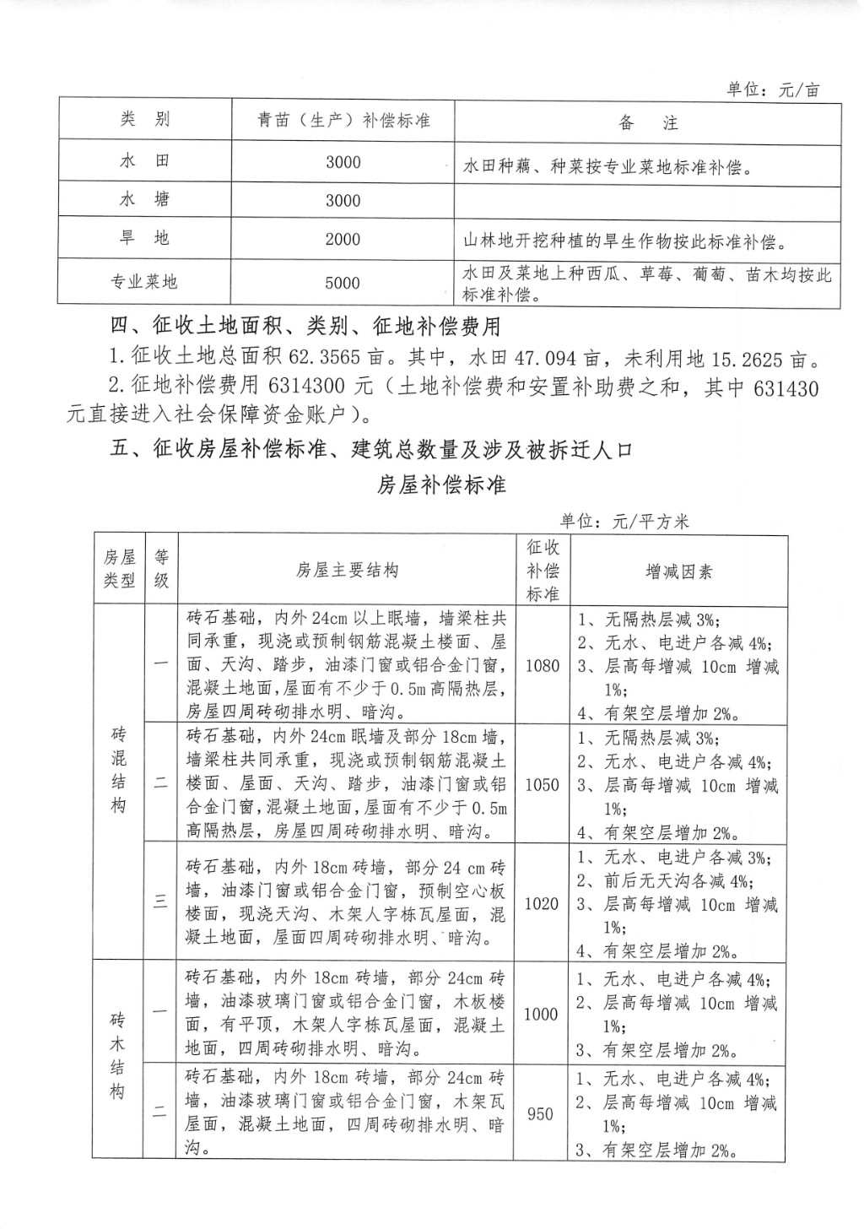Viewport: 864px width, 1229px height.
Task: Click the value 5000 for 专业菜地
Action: [x=343, y=283]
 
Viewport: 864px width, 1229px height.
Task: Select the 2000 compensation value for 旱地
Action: [x=343, y=240]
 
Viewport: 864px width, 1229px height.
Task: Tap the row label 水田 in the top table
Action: [x=144, y=160]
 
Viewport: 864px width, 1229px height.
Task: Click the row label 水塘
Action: [x=144, y=199]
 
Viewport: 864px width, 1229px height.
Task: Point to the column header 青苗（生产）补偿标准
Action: [x=343, y=121]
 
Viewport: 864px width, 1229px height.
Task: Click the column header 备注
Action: [x=647, y=123]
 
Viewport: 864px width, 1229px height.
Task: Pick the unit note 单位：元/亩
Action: [x=772, y=90]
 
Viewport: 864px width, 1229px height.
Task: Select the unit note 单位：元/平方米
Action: [x=624, y=522]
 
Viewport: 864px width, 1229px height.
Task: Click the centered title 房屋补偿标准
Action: [x=440, y=485]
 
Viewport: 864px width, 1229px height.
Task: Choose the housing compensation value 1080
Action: [x=542, y=665]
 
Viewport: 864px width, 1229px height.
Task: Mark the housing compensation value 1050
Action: [x=542, y=785]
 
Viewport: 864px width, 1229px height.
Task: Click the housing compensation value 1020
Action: [x=542, y=904]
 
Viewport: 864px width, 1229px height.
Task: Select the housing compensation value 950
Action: [x=540, y=1114]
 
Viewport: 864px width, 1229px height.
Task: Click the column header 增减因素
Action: [x=678, y=572]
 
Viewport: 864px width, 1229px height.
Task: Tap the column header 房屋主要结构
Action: [x=346, y=571]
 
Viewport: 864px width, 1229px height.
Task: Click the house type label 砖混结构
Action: [x=118, y=770]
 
